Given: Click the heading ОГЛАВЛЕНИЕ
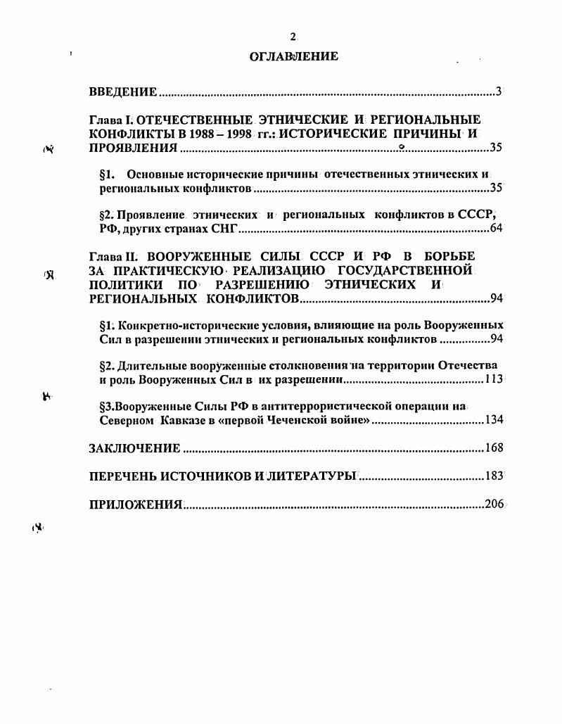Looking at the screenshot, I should point(294,56).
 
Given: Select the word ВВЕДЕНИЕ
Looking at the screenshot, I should point(123,92).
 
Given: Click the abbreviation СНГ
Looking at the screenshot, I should point(222,229).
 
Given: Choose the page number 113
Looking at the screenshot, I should point(494,380).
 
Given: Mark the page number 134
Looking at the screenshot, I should point(494,421).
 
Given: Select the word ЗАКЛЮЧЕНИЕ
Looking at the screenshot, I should point(134,448).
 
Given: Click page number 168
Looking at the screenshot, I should point(494,448).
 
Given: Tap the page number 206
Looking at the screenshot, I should point(494,504).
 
